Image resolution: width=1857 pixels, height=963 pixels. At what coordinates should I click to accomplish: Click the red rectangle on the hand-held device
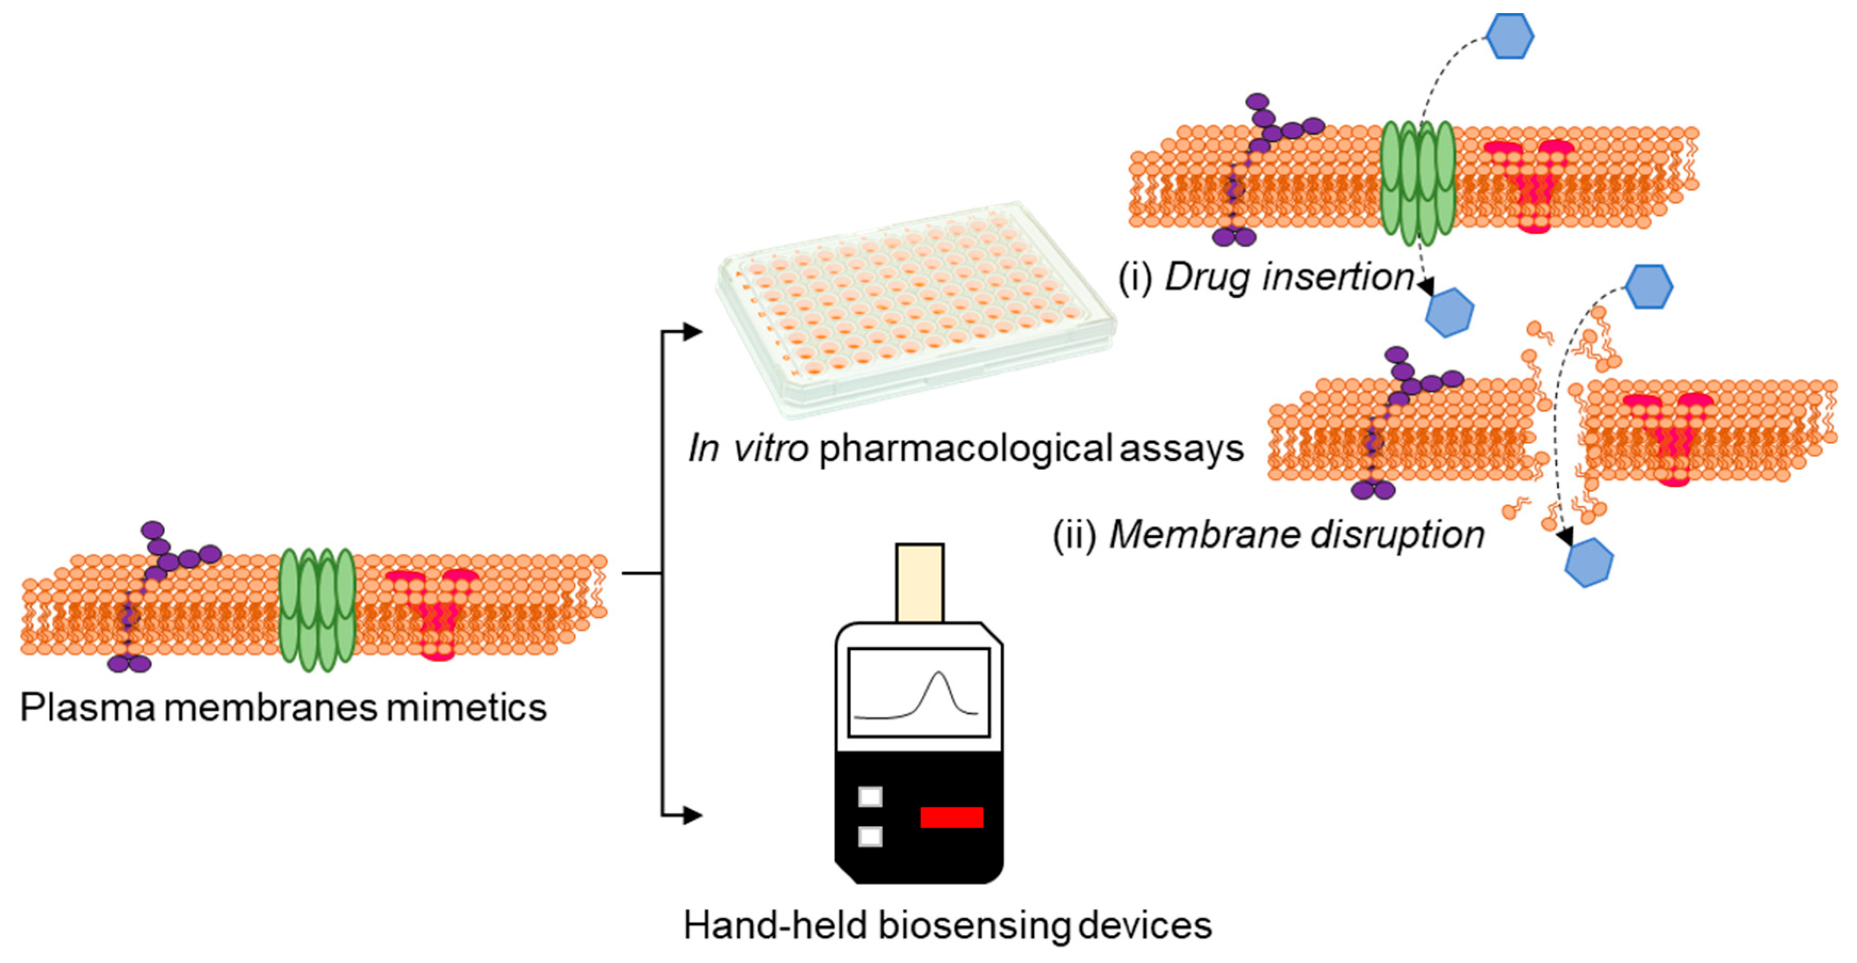951,817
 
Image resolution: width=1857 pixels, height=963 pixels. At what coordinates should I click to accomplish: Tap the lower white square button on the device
870,837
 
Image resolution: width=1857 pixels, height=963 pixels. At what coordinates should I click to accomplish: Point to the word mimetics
466,708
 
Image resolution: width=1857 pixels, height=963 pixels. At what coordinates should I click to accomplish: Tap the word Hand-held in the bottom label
775,926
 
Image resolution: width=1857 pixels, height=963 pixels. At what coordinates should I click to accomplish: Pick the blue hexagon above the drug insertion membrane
1509,36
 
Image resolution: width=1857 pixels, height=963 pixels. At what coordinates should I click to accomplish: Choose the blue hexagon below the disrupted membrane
1589,562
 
